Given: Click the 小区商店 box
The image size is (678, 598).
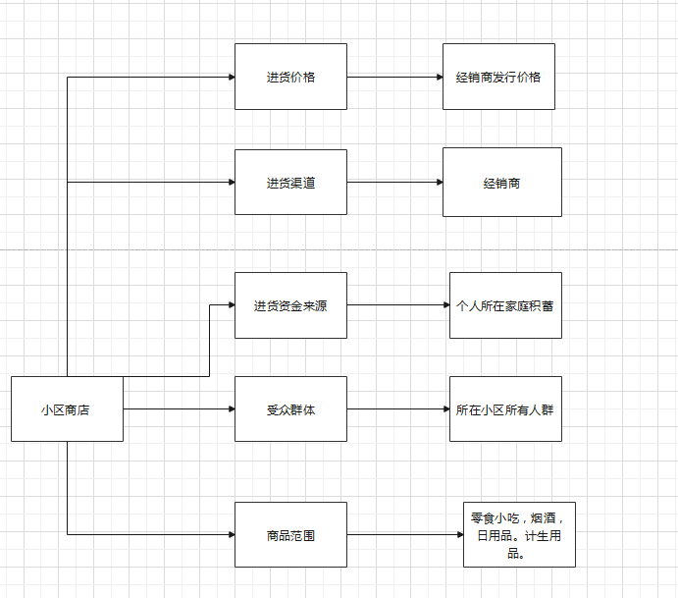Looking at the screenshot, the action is coord(67,408).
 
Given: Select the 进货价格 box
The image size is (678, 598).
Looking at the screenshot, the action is coord(290,77).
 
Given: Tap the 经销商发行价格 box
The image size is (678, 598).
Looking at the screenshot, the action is coord(498,77).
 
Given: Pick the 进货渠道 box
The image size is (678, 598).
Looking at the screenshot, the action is coord(290,183).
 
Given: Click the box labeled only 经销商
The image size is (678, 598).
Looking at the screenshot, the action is coord(502,183).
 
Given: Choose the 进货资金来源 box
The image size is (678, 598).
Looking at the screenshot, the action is coord(290,305).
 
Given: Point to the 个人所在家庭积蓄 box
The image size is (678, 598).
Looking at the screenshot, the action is coord(505,305).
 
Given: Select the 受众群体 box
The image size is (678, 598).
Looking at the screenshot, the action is coord(290,408).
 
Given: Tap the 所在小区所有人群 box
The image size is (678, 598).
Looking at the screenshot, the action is coord(505,408).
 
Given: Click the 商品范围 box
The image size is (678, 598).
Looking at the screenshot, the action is coord(290,534).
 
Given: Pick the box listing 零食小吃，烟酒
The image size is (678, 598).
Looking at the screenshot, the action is coord(519,534).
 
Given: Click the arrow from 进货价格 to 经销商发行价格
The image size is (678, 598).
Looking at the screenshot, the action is coord(394,77).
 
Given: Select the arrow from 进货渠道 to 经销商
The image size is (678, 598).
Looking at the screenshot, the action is coord(394,183).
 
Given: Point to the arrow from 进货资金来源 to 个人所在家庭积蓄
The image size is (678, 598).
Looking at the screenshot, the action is coord(398,305).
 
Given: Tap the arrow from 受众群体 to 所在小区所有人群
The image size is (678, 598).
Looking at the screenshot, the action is coord(398,408).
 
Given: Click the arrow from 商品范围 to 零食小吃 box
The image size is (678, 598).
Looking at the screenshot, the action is coord(405,534).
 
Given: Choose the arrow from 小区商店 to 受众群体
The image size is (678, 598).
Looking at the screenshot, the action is coord(179,408).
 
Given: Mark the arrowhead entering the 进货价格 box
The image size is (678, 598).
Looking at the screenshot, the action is coord(232,77).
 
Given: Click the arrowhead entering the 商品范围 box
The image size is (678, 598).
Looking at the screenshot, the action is coord(232,534).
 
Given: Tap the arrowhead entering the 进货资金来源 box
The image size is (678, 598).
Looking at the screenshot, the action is coord(232,305).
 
